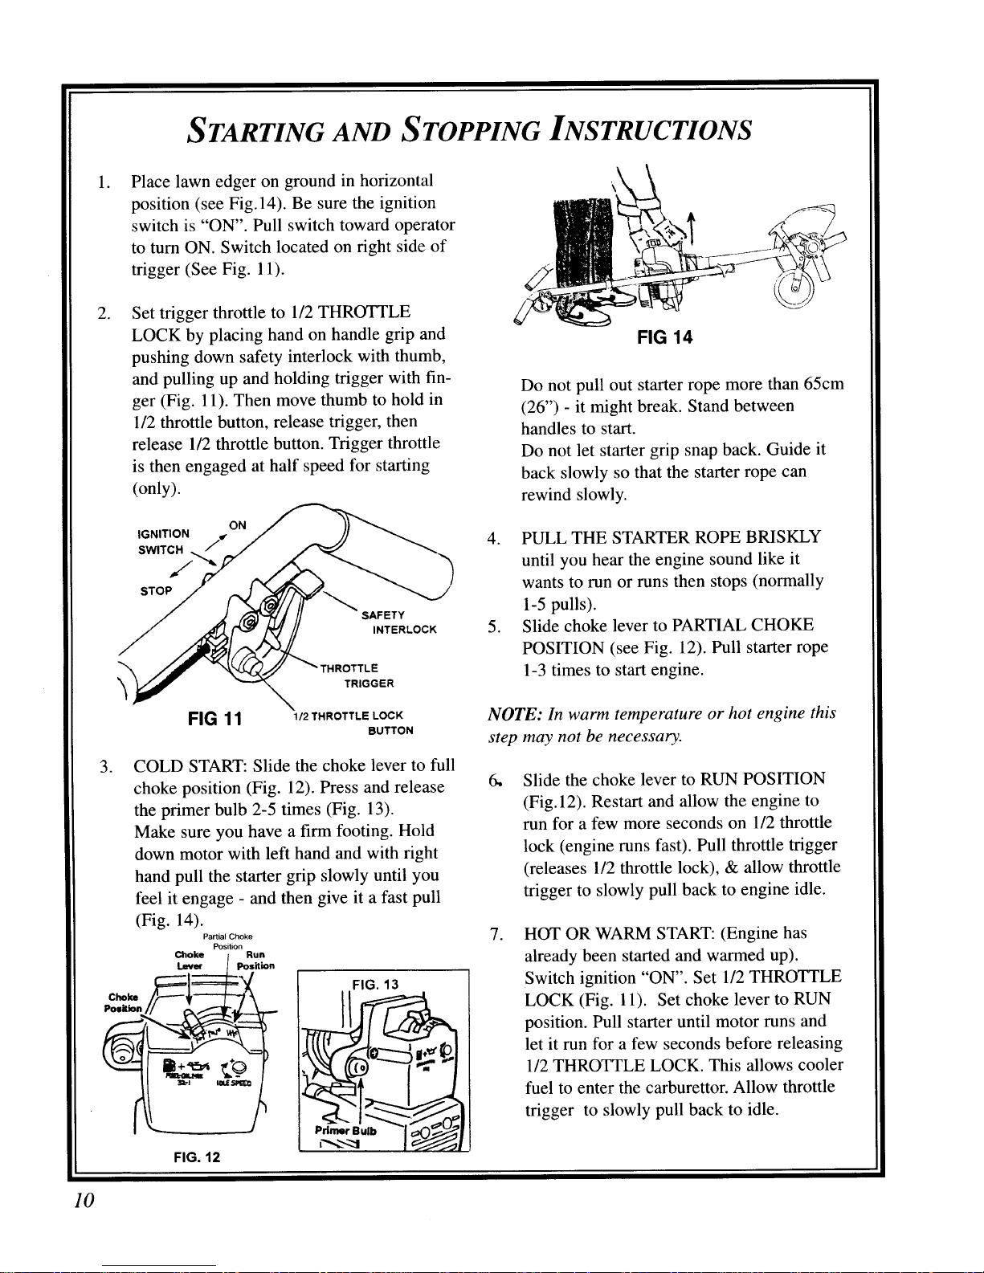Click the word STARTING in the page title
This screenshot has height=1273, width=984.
(255, 129)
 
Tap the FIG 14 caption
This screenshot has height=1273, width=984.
(665, 337)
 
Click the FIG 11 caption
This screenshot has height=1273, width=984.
(214, 719)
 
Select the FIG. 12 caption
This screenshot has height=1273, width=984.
(197, 1157)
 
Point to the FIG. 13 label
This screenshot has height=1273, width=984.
(375, 985)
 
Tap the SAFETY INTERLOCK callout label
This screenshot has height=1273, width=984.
(399, 622)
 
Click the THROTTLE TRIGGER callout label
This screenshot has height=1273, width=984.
(357, 675)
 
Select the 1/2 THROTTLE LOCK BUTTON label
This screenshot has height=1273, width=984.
(353, 723)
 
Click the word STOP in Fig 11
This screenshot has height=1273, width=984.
(156, 591)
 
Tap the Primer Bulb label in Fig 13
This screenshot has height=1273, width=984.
(345, 1131)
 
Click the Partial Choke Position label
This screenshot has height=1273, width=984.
(228, 941)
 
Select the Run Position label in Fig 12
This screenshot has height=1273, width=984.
(255, 960)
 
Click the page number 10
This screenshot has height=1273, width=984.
(84, 1201)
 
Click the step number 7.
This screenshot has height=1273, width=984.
(496, 934)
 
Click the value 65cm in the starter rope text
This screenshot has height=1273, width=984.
(823, 384)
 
